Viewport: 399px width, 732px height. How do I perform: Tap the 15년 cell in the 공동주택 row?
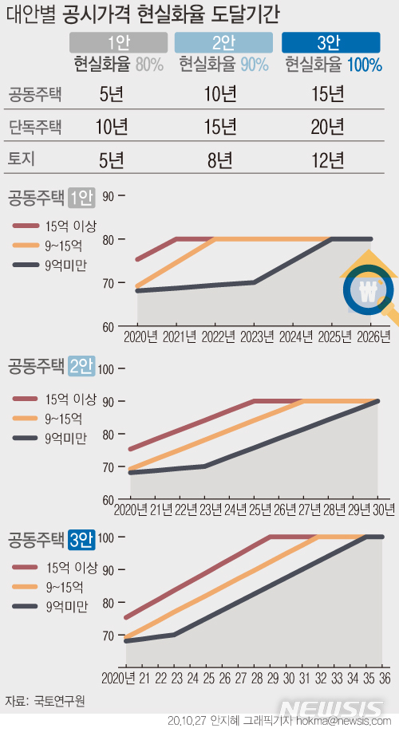pyautogui.click(x=328, y=95)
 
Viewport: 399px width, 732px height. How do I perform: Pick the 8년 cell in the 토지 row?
pyautogui.click(x=220, y=159)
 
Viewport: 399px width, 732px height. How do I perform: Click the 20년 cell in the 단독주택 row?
pyautogui.click(x=328, y=127)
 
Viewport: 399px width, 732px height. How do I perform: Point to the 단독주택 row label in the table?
pyautogui.click(x=35, y=127)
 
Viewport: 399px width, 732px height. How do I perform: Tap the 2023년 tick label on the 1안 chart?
pyautogui.click(x=254, y=337)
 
